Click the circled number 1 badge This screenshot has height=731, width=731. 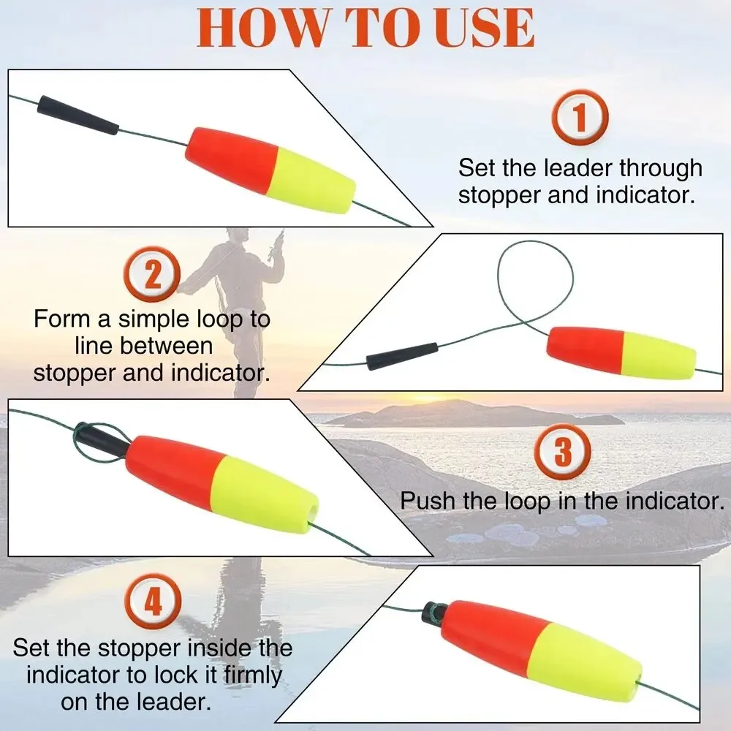(x=580, y=118)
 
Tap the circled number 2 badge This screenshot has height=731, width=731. (x=153, y=274)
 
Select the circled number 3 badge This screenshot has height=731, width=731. (x=563, y=451)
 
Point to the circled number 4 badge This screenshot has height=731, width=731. (x=153, y=602)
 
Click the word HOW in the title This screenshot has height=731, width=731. (x=261, y=27)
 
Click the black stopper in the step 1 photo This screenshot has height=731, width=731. (x=78, y=115)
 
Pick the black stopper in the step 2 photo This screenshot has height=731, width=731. (x=402, y=356)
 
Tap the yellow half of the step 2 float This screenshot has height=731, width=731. (x=659, y=356)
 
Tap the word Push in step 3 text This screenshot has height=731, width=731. (x=428, y=501)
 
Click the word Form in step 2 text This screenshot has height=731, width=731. (x=63, y=319)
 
